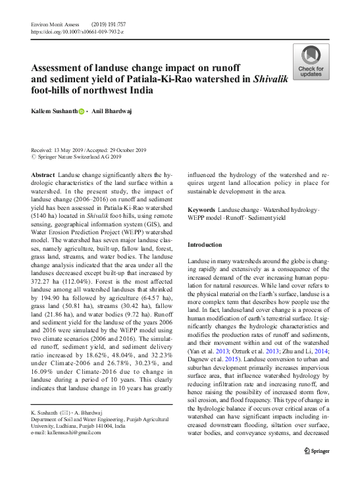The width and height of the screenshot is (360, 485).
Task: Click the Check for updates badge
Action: [311, 63]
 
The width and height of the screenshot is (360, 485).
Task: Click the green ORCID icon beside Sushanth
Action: [82, 113]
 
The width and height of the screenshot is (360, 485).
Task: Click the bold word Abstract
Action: [43, 174]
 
